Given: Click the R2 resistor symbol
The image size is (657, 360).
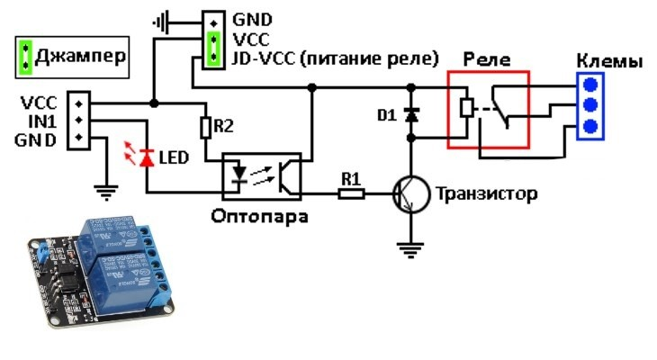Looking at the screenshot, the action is pyautogui.click(x=205, y=128).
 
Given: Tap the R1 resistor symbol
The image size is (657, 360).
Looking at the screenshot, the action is pyautogui.click(x=351, y=193).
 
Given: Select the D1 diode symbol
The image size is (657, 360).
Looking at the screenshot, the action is pyautogui.click(x=411, y=115).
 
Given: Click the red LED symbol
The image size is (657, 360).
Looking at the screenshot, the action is pyautogui.click(x=147, y=158).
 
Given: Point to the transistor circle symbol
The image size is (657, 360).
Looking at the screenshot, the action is pyautogui.click(x=411, y=194).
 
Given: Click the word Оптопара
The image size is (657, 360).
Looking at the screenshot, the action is pyautogui.click(x=259, y=217).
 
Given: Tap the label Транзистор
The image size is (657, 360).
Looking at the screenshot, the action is pyautogui.click(x=487, y=194).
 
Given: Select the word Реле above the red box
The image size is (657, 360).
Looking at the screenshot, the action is pyautogui.click(x=487, y=59).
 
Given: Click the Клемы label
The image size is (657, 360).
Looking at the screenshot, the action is pyautogui.click(x=609, y=61).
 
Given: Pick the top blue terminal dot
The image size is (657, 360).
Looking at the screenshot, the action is pyautogui.click(x=590, y=85).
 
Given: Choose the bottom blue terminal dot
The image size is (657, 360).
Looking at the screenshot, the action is pyautogui.click(x=590, y=126).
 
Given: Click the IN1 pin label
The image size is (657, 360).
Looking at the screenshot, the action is pyautogui.click(x=42, y=121).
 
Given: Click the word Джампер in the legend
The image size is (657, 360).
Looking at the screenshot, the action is pyautogui.click(x=80, y=56).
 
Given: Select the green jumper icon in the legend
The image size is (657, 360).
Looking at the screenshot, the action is pyautogui.click(x=25, y=57).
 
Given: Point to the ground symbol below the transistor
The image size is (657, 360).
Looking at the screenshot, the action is pyautogui.click(x=410, y=250).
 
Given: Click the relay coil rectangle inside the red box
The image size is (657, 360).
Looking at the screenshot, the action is pyautogui.click(x=467, y=108).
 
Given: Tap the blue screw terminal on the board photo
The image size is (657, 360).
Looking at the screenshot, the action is pyautogui.click(x=42, y=253).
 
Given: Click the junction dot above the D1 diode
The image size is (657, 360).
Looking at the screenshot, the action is pyautogui.click(x=411, y=87).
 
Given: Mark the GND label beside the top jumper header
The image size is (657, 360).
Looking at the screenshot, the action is pyautogui.click(x=252, y=20).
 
